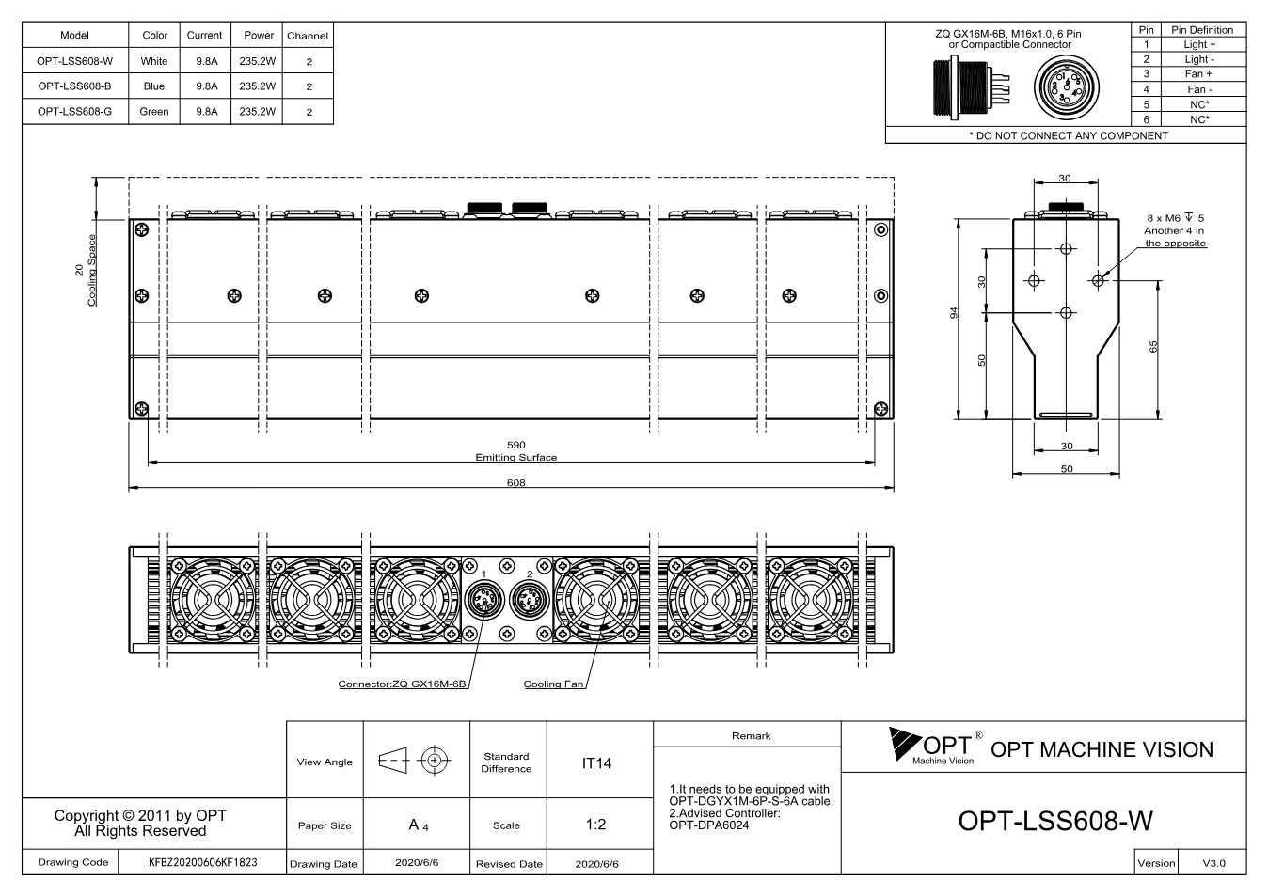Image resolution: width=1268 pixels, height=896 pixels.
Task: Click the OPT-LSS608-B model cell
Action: [x=74, y=86]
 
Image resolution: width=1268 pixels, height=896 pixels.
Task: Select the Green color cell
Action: [x=154, y=112]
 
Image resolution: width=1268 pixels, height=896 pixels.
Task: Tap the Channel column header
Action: [x=308, y=36]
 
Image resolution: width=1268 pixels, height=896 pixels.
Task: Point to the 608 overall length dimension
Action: [x=515, y=482]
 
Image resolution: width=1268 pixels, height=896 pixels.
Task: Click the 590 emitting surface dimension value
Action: [x=515, y=445]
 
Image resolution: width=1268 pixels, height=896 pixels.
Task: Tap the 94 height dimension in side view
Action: [x=954, y=312]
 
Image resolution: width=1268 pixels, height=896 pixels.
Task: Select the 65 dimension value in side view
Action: [x=1153, y=346]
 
